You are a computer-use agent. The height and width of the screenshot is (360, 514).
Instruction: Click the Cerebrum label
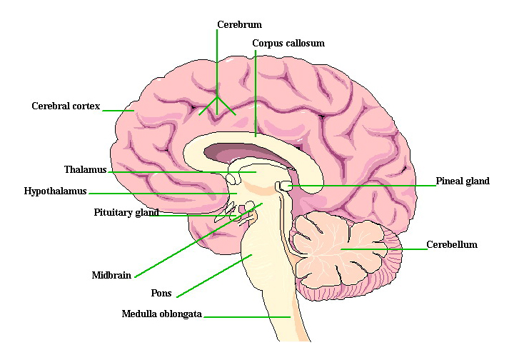tap(239, 25)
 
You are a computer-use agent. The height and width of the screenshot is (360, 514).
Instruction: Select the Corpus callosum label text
tap(288, 44)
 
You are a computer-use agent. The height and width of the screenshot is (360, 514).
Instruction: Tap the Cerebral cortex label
tap(66, 106)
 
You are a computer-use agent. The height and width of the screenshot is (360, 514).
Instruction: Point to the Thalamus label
tap(85, 170)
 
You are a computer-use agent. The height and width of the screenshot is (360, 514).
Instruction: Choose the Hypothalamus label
tap(55, 191)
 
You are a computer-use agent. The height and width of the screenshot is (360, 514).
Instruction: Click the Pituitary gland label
tap(126, 213)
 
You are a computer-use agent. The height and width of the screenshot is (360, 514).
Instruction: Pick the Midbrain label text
tap(111, 276)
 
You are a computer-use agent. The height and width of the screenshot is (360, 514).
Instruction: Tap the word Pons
tap(161, 294)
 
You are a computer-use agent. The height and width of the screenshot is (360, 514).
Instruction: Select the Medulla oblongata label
tap(162, 314)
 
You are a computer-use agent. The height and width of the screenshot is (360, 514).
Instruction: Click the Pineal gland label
tap(463, 181)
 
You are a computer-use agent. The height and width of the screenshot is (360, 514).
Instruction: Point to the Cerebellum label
tap(451, 245)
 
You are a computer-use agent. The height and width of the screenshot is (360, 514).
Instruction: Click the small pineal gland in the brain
tap(286, 186)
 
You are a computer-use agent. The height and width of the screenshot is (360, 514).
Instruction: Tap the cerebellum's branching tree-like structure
tap(336, 246)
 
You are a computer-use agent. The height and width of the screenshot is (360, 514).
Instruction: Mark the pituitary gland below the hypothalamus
tap(242, 212)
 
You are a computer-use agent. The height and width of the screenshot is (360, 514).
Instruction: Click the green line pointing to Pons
tap(214, 276)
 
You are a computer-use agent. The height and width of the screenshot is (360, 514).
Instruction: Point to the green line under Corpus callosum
tap(255, 93)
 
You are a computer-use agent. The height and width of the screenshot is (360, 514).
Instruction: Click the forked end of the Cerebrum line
tap(217, 104)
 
